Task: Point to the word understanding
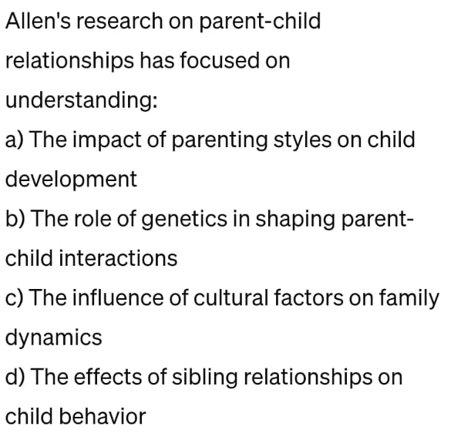(82, 101)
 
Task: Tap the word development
(71, 180)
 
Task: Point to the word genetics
(180, 219)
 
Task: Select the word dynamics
(54, 338)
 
